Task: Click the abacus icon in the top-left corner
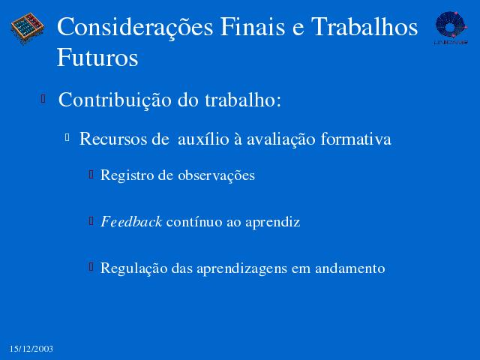[28, 28]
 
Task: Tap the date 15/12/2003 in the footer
[31, 349]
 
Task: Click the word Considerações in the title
[135, 28]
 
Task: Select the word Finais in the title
[253, 27]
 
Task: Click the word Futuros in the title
[97, 58]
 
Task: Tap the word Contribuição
[115, 100]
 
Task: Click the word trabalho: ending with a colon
[243, 100]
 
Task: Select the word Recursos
[113, 139]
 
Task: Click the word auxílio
[203, 139]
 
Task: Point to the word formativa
[355, 139]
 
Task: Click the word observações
[216, 175]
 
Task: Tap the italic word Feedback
[131, 222]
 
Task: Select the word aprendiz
[272, 223]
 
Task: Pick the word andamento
[350, 268]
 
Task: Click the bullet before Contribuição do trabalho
[43, 99]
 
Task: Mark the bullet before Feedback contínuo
[91, 220]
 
